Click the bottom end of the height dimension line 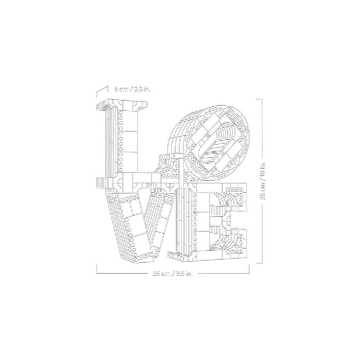click(261, 262)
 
